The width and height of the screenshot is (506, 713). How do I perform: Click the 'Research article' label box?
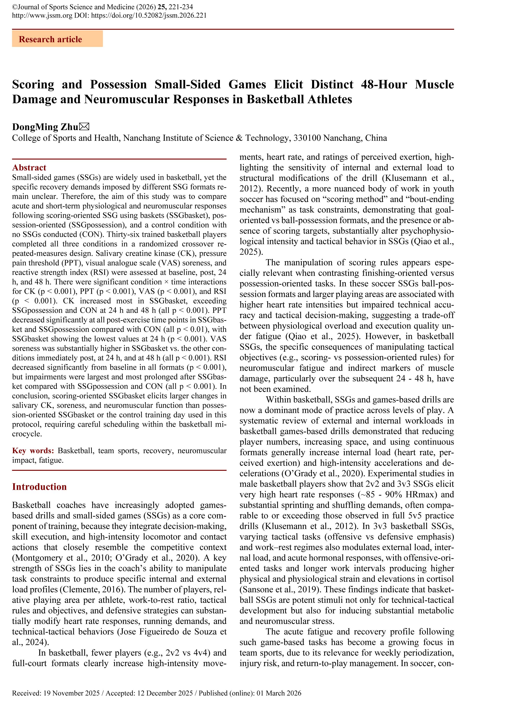(x=57, y=39)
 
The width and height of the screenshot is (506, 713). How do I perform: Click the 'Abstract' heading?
(x=29, y=168)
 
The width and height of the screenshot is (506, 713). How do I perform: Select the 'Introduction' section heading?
(x=39, y=487)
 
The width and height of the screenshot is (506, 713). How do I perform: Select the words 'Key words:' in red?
(x=33, y=451)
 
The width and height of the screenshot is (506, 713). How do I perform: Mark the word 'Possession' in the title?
(x=118, y=85)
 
